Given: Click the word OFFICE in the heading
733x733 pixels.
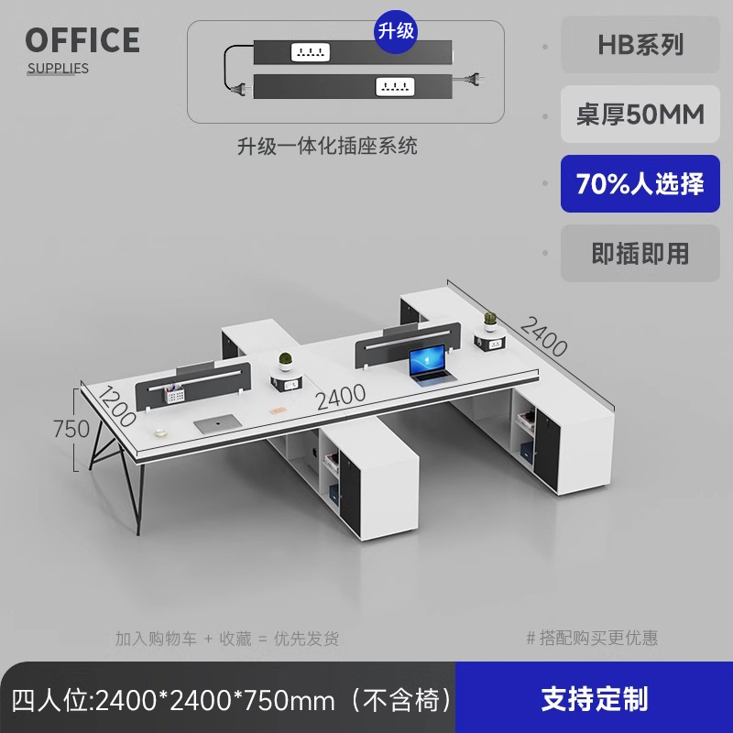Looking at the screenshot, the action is tap(82, 40).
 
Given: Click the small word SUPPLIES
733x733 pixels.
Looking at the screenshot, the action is tap(58, 68).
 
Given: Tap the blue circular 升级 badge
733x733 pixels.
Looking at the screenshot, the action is tap(396, 30).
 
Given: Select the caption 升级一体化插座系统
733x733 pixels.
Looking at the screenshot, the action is tap(327, 146).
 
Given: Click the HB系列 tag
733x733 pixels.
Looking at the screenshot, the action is tap(640, 45).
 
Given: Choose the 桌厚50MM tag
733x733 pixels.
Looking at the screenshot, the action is tap(640, 115).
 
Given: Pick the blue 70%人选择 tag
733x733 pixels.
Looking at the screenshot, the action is tap(640, 184).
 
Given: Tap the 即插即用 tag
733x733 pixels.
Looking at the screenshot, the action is tap(640, 254).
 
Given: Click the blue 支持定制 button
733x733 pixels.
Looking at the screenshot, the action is tap(594, 699).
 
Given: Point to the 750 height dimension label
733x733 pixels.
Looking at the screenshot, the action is tap(71, 428).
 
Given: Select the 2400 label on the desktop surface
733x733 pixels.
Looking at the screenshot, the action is tap(341, 397).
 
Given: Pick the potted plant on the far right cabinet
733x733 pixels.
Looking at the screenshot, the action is tap(489, 320).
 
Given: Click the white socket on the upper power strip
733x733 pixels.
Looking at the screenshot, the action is tap(310, 53).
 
